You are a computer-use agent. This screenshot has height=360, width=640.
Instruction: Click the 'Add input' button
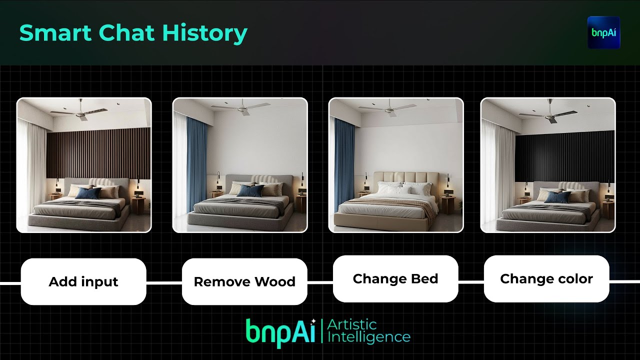tap(83, 281)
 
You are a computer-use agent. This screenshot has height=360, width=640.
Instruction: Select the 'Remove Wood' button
tap(244, 281)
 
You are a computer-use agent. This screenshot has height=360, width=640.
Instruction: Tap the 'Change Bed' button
tap(395, 278)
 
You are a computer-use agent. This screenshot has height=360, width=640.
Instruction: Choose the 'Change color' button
tap(546, 278)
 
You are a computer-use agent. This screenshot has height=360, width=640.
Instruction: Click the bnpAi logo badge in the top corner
tap(603, 32)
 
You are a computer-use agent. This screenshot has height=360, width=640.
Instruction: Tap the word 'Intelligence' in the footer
tap(368, 337)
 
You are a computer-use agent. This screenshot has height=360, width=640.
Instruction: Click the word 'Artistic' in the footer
tap(351, 325)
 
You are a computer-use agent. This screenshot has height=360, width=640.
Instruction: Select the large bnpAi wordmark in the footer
tap(280, 331)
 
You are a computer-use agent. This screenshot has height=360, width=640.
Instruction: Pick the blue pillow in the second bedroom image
tap(249, 190)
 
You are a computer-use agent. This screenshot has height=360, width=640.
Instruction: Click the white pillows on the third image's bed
tap(403, 189)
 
